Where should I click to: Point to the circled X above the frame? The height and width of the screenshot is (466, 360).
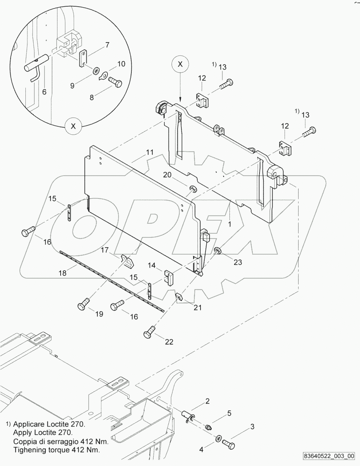180,65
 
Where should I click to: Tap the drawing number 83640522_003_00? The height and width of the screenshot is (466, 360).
328,456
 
